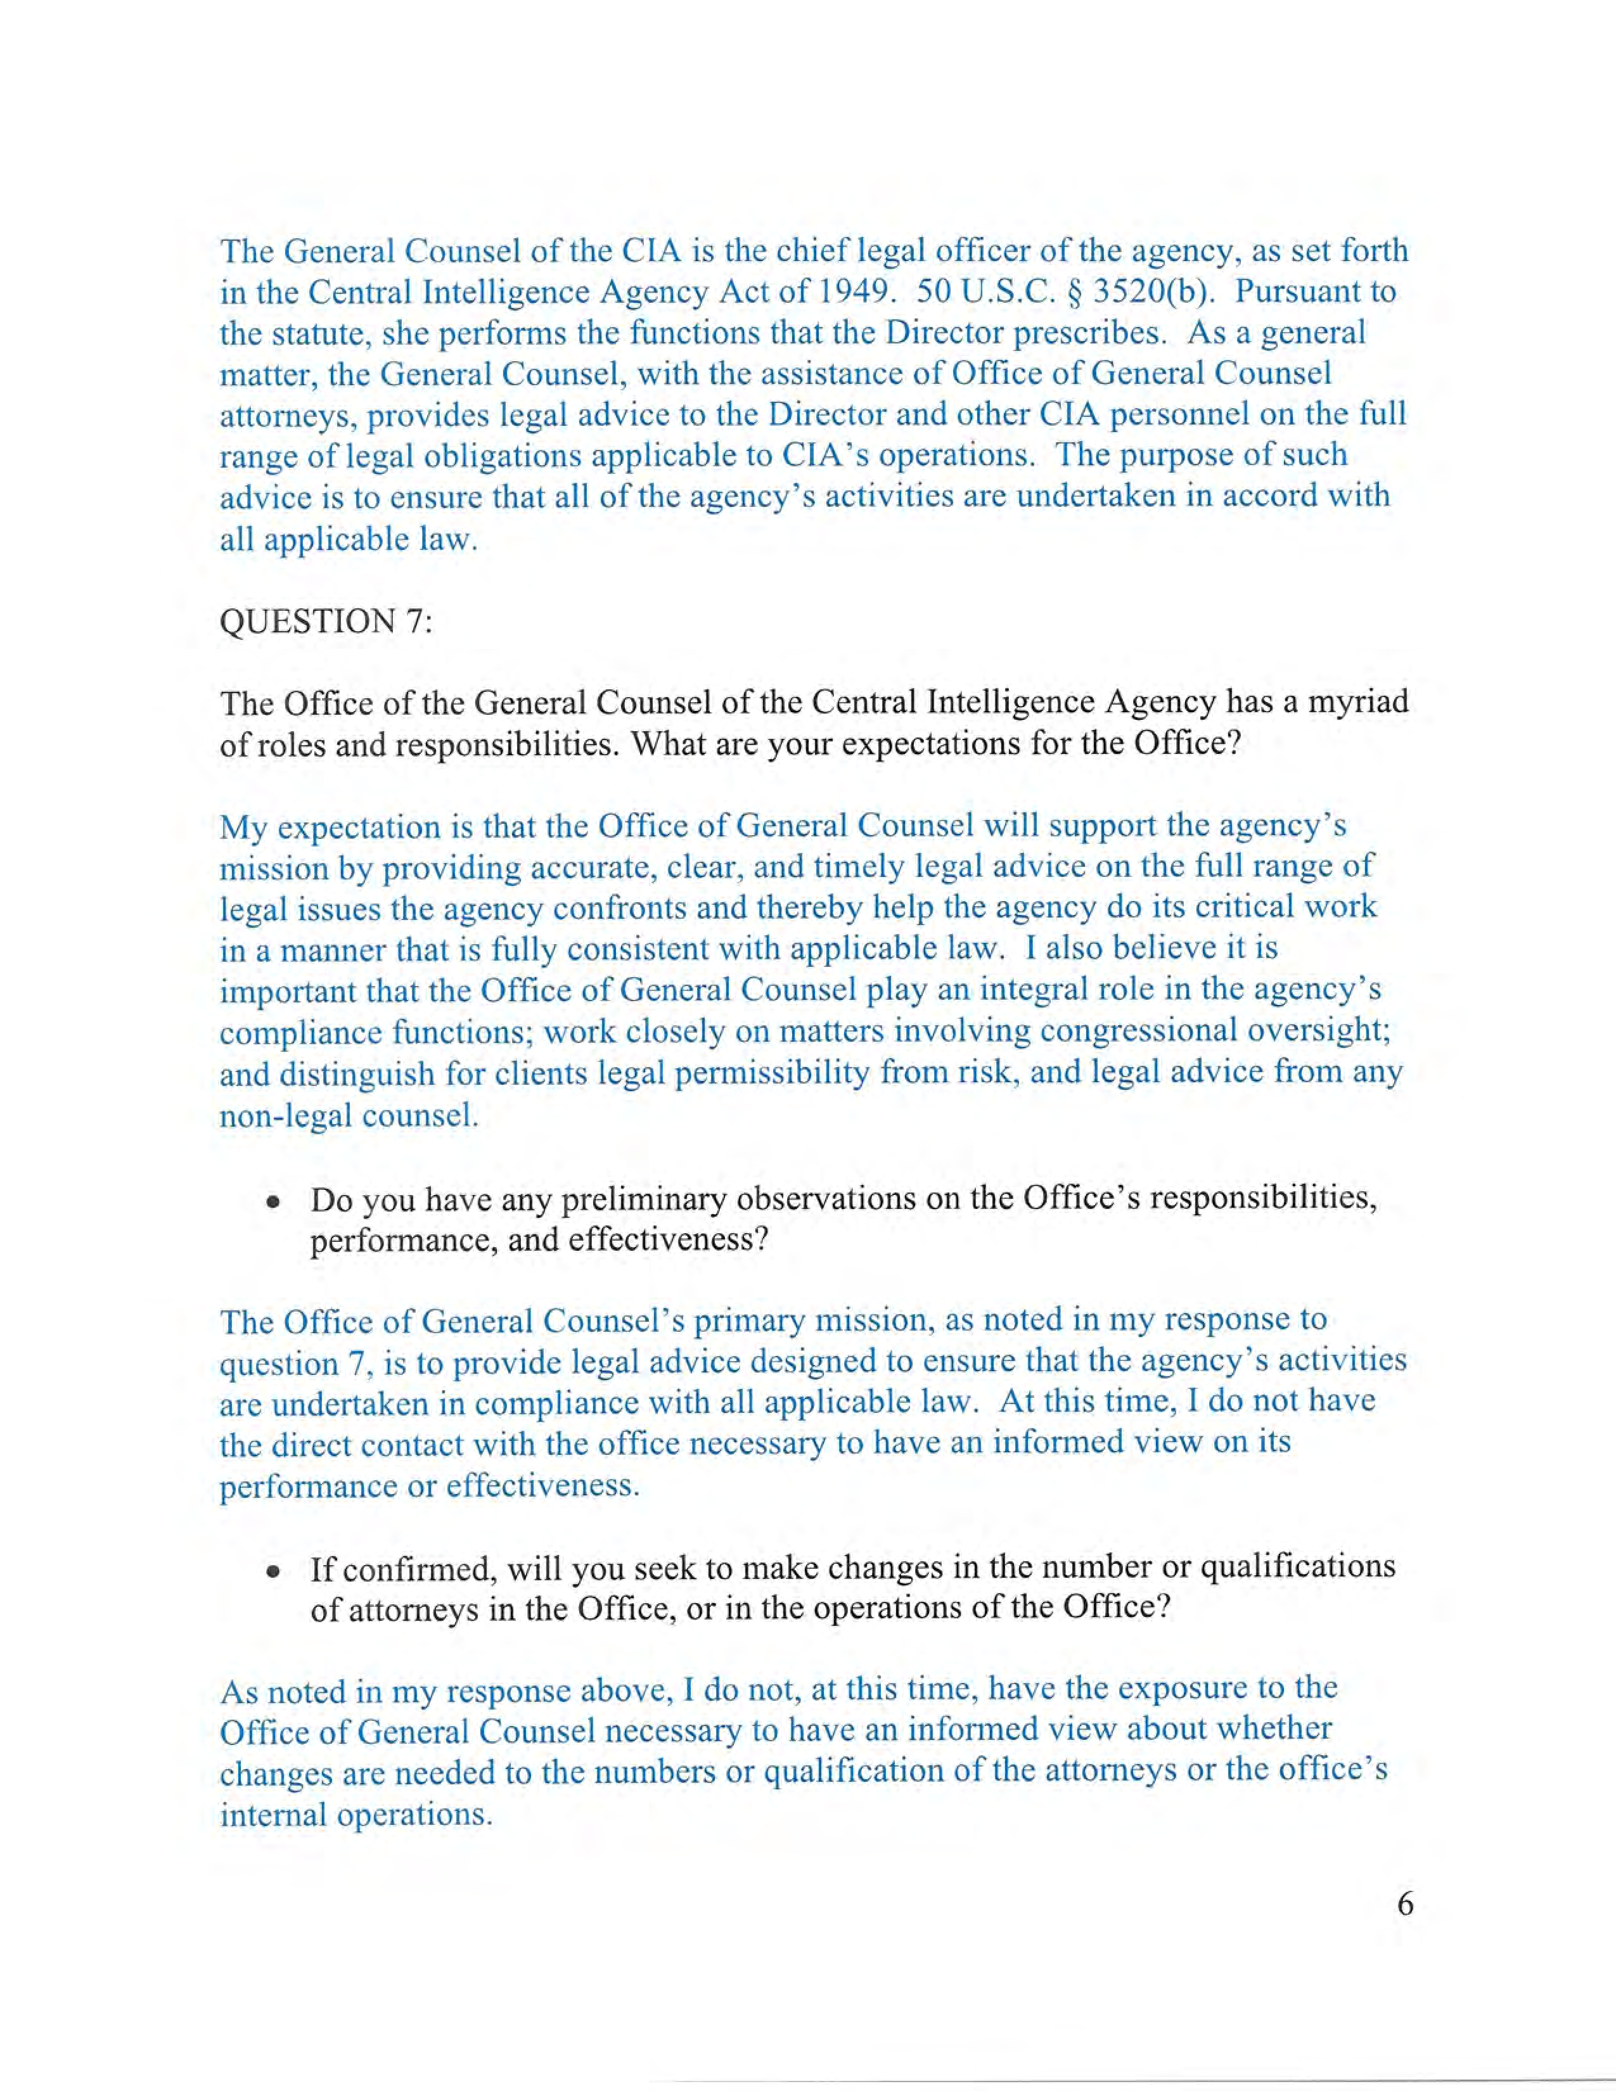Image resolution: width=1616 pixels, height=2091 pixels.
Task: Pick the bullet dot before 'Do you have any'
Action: coord(275,1201)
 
